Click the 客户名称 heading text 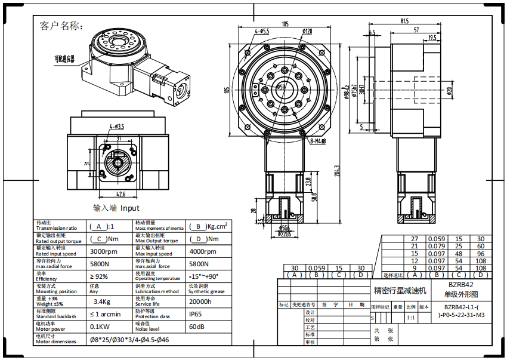[61, 26]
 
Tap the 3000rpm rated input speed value [104, 252]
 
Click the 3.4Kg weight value [102, 301]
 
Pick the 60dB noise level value [197, 327]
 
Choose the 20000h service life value [200, 301]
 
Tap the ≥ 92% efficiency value [99, 277]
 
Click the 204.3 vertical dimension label [337, 171]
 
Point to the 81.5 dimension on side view [405, 21]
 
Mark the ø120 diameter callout [308, 31]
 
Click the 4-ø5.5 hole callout [262, 30]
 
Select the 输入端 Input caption [116, 208]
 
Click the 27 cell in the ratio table [415, 238]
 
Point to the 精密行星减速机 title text [400, 291]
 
